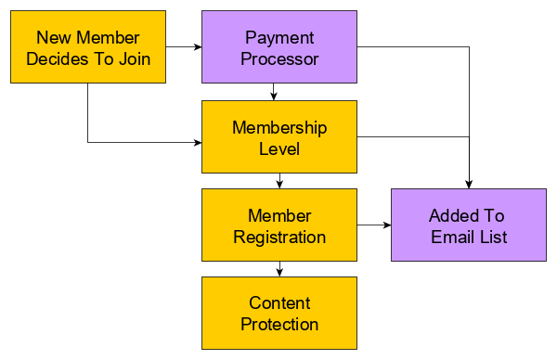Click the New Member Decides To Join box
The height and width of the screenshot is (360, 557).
tap(88, 48)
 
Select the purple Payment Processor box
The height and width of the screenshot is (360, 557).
tap(279, 48)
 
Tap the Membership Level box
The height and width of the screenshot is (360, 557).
tap(279, 136)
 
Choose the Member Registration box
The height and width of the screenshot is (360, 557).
tap(279, 225)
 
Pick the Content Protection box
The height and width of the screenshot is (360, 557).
tap(279, 314)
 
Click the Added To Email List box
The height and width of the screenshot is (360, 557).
tap(468, 225)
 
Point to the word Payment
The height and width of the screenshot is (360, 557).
tap(279, 38)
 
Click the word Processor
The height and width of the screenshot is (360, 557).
tap(279, 58)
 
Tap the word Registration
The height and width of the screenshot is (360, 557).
tap(279, 237)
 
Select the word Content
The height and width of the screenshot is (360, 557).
tap(279, 303)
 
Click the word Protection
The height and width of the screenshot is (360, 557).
tap(279, 325)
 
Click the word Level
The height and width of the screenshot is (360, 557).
tap(279, 148)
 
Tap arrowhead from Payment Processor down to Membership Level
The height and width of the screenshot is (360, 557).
tap(273, 96)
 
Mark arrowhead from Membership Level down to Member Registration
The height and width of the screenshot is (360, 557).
tap(279, 184)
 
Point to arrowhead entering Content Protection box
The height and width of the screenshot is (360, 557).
tap(279, 272)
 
